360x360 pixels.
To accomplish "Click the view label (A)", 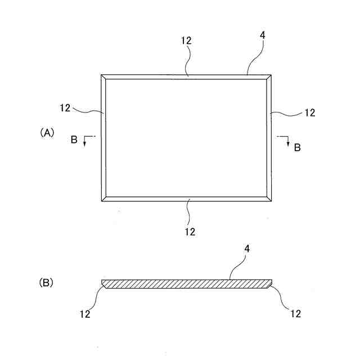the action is (46, 133).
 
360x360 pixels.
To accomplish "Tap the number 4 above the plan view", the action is (263, 35).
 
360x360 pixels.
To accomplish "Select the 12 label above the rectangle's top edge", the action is (187, 40).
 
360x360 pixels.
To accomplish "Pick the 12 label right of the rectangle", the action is (309, 112).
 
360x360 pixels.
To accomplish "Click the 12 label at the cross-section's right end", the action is (295, 313).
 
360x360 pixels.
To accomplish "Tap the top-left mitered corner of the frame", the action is (103, 77).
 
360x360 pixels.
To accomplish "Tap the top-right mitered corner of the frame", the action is (270, 77).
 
